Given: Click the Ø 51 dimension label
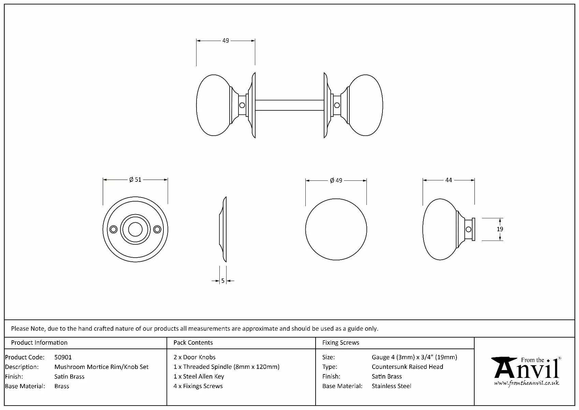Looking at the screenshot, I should (135, 180).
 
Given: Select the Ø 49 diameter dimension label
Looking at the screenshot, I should (336, 180).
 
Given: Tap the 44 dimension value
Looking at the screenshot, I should (449, 180).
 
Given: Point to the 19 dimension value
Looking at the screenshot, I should (500, 229).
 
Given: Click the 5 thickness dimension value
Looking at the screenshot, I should (223, 281).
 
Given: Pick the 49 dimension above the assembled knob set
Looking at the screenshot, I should (226, 41).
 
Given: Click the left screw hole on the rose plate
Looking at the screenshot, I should (113, 229).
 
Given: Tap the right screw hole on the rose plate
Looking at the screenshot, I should (157, 229).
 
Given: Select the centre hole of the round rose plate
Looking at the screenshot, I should (135, 229).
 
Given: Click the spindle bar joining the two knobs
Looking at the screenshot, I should (289, 105).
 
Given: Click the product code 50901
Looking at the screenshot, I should (63, 357).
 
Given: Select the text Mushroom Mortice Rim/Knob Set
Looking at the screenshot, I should (101, 367).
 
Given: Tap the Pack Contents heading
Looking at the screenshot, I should (193, 343).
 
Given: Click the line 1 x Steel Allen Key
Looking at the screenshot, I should (199, 377).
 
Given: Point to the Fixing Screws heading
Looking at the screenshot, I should (341, 343).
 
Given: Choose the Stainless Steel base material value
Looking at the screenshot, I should (391, 386).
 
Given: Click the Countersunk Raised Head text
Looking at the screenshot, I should (407, 367).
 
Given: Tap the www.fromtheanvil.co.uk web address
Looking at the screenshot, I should (526, 383).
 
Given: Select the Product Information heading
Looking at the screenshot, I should (39, 343).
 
